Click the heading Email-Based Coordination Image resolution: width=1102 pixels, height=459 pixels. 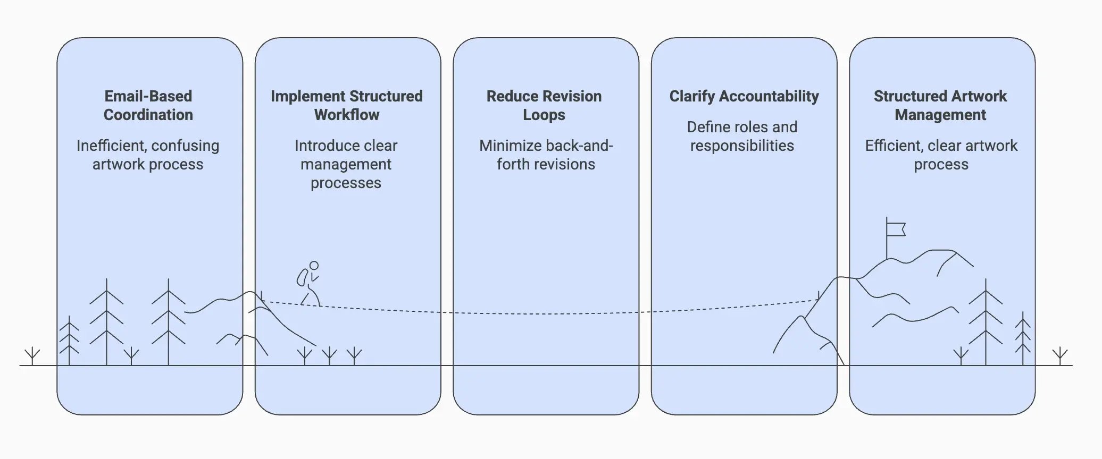pyautogui.click(x=148, y=105)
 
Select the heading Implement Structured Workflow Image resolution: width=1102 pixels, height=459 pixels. pyautogui.click(x=346, y=105)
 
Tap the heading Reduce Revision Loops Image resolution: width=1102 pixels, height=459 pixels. pyautogui.click(x=544, y=105)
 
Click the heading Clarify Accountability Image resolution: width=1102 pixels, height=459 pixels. pyautogui.click(x=744, y=96)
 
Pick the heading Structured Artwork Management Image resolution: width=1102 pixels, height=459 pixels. pyautogui.click(x=940, y=105)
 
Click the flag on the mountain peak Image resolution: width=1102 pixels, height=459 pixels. pyautogui.click(x=896, y=229)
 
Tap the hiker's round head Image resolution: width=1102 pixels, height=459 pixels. pyautogui.click(x=314, y=266)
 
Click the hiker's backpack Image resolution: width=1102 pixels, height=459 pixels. pyautogui.click(x=302, y=277)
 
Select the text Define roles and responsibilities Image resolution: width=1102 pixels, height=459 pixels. pyautogui.click(x=742, y=136)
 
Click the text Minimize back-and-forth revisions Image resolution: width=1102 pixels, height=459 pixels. pyautogui.click(x=546, y=155)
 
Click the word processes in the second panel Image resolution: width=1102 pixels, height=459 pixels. pyautogui.click(x=346, y=183)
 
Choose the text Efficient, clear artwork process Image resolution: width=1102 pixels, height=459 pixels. pyautogui.click(x=941, y=155)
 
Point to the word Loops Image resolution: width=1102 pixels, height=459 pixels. pyautogui.click(x=544, y=115)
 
